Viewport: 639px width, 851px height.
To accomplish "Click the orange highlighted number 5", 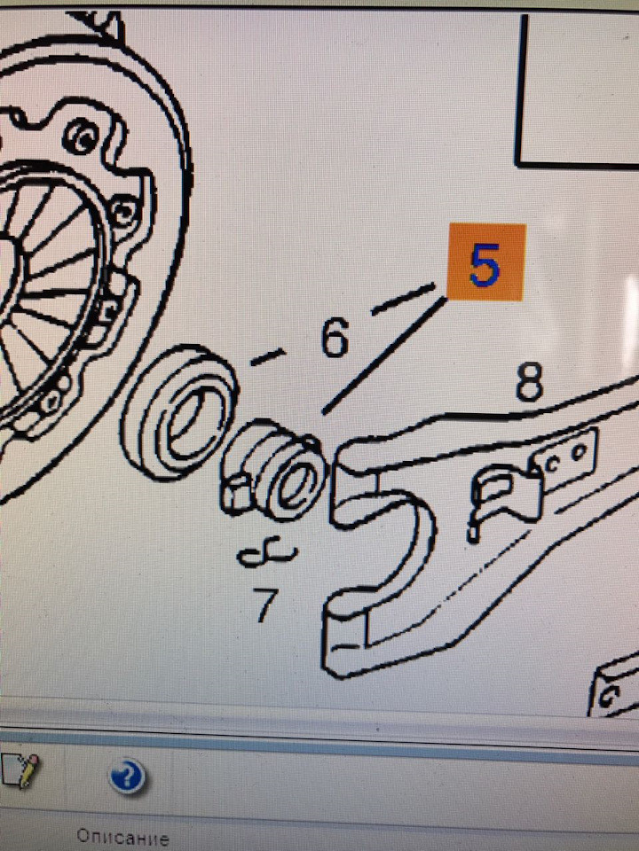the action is pyautogui.click(x=485, y=262).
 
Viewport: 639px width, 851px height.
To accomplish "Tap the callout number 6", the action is pyautogui.click(x=335, y=338).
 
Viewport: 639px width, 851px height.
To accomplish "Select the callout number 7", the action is pyautogui.click(x=266, y=604).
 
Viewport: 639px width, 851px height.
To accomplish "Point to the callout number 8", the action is pyautogui.click(x=529, y=381).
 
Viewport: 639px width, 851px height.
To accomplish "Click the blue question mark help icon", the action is pyautogui.click(x=127, y=777).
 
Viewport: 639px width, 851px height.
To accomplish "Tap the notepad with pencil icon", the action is pyautogui.click(x=20, y=770).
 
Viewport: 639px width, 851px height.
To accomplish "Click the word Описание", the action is pyautogui.click(x=122, y=837).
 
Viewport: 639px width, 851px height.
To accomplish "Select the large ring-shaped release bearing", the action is pyautogui.click(x=179, y=412).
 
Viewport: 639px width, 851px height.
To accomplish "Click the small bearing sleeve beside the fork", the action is pyautogui.click(x=274, y=470).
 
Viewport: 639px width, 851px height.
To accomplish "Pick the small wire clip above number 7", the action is pyautogui.click(x=267, y=554).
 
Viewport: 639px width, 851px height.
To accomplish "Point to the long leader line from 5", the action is pyautogui.click(x=384, y=355).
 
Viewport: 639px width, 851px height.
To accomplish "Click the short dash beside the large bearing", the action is pyautogui.click(x=267, y=356).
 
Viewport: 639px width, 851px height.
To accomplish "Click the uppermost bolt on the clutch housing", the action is pyautogui.click(x=83, y=137).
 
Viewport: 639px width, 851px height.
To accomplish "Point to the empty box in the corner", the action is pyautogui.click(x=577, y=90).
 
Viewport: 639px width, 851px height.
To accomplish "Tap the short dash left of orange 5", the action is pyautogui.click(x=403, y=299).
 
